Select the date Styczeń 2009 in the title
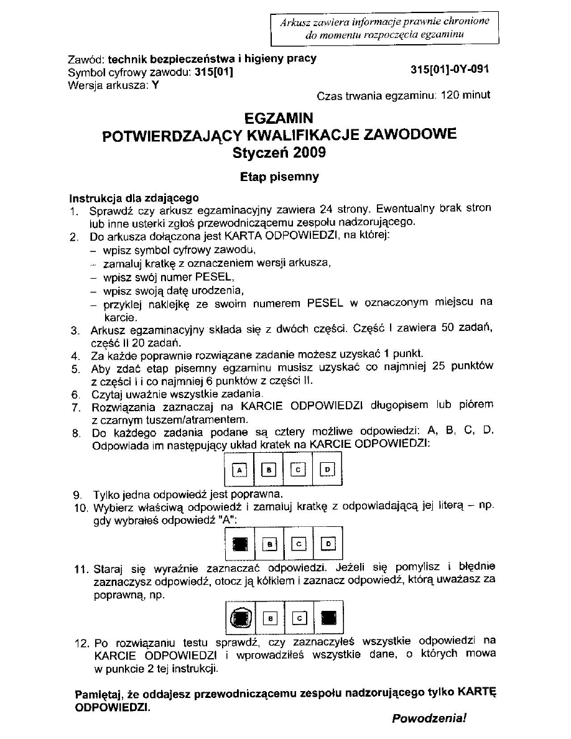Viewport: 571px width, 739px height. tap(279, 152)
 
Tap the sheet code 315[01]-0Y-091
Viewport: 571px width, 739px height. tap(450, 70)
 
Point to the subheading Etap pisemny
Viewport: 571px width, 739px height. tap(279, 177)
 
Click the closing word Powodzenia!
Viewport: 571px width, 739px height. tap(429, 718)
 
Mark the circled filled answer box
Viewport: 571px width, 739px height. tap(239, 618)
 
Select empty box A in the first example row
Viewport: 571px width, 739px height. tap(239, 470)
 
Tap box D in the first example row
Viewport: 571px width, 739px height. tap(328, 470)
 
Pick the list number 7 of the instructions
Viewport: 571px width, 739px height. tap(75, 407)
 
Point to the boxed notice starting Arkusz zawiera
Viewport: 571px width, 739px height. tap(384, 28)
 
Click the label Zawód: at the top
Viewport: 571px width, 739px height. tap(86, 60)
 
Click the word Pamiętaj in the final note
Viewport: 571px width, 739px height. tap(96, 692)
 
